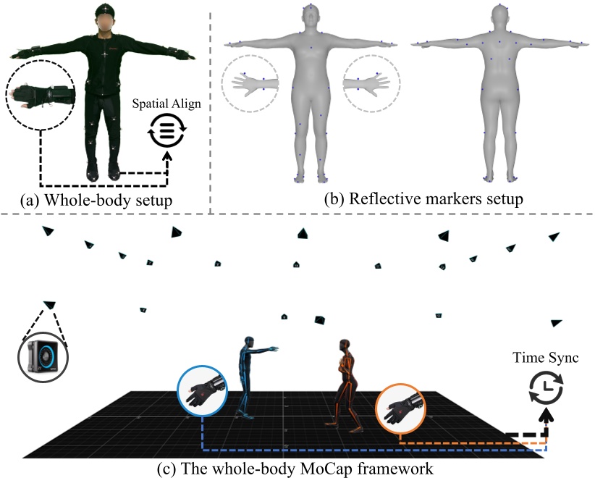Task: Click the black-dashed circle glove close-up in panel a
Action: click(40, 98)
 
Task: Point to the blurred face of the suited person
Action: click(107, 22)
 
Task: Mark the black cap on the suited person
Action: click(107, 10)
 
